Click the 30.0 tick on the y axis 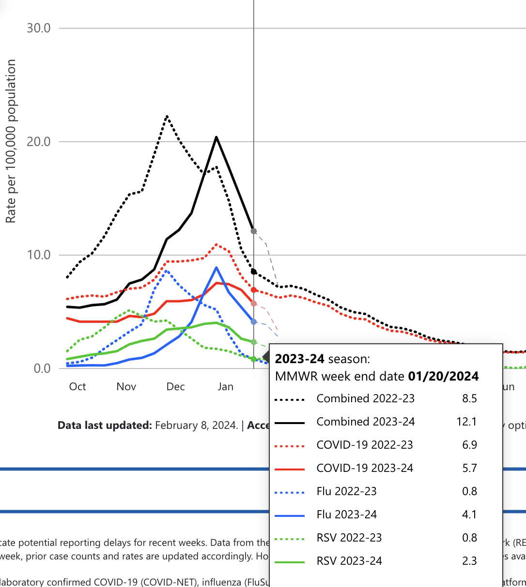pos(39,28)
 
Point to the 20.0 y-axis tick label pos(39,142)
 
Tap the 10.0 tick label pos(39,255)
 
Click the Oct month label pos(77,387)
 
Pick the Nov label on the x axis pos(126,387)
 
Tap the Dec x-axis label pos(175,387)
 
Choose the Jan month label pos(225,387)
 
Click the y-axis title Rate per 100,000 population pos(11,141)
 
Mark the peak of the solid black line pos(216,137)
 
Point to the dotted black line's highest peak pos(167,116)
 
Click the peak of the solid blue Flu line pos(216,267)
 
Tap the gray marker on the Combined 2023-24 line pos(254,231)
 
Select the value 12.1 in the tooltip pos(466,422)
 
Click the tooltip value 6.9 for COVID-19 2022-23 pos(469,445)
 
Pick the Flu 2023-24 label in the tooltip pos(346,514)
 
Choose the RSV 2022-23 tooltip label pos(349,538)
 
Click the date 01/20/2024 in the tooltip pos(443,376)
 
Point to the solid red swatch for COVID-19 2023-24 pos(290,469)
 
